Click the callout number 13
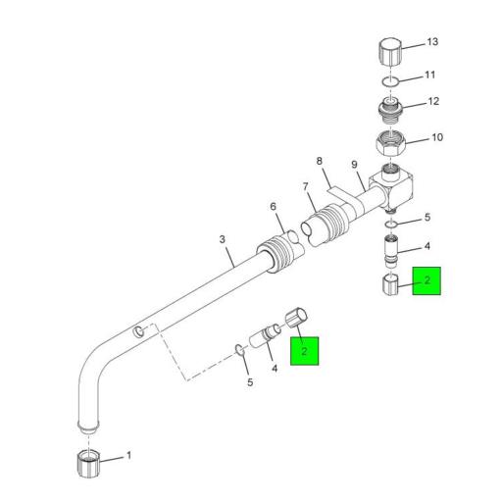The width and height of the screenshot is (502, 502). [x=433, y=44]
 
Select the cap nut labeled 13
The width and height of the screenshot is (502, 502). [x=389, y=50]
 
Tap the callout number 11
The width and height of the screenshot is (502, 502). [x=428, y=75]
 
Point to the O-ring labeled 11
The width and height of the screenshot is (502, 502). [x=390, y=78]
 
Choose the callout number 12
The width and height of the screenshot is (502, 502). [x=433, y=102]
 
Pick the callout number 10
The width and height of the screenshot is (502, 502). [x=436, y=137]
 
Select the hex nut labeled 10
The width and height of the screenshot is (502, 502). [x=392, y=144]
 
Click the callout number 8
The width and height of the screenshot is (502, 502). [x=319, y=161]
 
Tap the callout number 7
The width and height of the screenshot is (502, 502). [x=305, y=185]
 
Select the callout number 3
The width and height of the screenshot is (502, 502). [x=223, y=238]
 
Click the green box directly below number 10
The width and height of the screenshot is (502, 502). [x=427, y=281]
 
